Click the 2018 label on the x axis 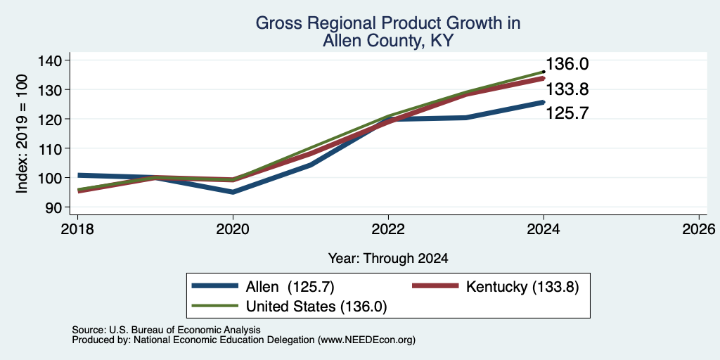point(77,229)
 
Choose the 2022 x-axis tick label point(388,229)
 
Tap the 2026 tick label point(700,229)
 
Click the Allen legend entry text point(290,287)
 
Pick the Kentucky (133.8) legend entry point(522,287)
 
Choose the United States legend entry point(317,307)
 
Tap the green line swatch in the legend point(215,305)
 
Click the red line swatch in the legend point(435,285)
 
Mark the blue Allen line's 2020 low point point(233,192)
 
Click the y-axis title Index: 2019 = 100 point(22,134)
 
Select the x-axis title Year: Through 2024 point(388,259)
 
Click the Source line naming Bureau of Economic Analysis point(166,330)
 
